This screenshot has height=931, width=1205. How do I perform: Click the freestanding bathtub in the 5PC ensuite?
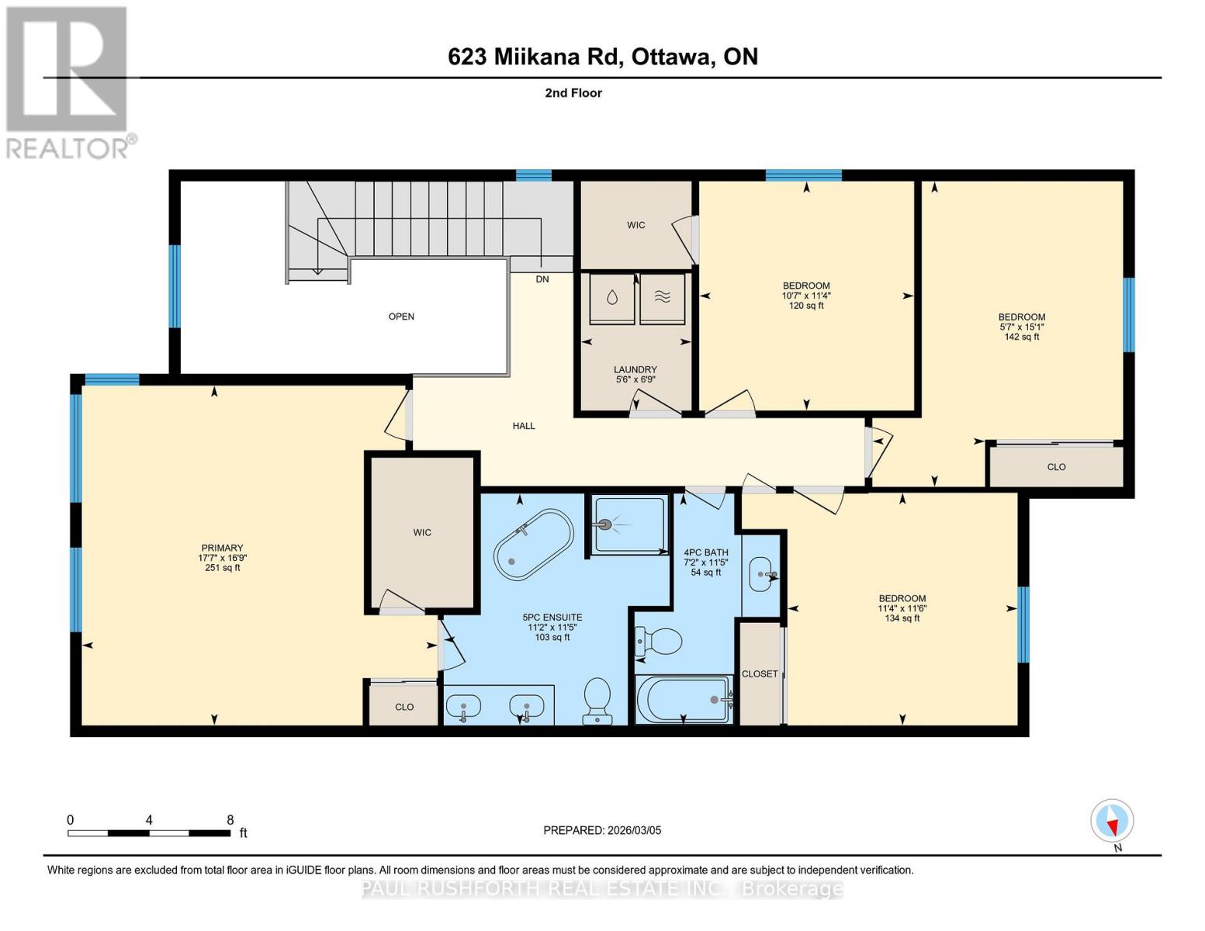[x=534, y=545]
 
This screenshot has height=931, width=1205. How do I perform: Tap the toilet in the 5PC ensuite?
[x=597, y=701]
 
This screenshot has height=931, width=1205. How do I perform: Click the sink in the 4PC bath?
[x=762, y=574]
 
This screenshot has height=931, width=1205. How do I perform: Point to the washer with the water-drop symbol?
[x=611, y=299]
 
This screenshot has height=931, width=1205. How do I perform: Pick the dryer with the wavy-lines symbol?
[x=663, y=299]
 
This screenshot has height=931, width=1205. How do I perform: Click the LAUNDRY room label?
[x=635, y=369]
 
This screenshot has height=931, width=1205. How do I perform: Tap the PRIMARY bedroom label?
[x=223, y=547]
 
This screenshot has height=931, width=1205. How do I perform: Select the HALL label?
[x=524, y=426]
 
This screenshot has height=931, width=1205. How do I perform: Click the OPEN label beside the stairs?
[x=401, y=316]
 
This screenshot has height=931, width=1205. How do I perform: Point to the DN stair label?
[x=542, y=279]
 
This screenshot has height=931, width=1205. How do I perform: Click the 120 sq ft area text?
[x=806, y=306]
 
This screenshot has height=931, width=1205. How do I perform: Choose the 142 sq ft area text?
[x=1021, y=337]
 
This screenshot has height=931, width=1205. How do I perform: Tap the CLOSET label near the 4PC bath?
[x=760, y=673]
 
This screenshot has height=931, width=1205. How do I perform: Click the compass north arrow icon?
[x=1112, y=821]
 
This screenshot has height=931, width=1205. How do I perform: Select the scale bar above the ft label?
[x=149, y=832]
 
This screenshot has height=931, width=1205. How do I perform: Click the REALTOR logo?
[x=69, y=83]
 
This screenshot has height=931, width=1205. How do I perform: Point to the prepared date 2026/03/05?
[x=635, y=830]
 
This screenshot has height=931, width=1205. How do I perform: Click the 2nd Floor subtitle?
[x=573, y=93]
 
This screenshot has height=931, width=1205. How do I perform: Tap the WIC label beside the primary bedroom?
[x=422, y=532]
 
